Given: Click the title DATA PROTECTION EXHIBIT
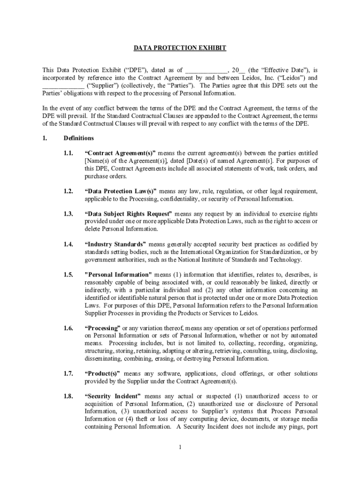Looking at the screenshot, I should click(x=180, y=48).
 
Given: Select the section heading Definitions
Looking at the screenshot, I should click(x=79, y=138).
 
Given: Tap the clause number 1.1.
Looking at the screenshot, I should click(x=68, y=153).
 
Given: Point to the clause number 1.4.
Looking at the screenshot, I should click(x=68, y=244).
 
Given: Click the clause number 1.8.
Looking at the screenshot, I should click(x=68, y=396).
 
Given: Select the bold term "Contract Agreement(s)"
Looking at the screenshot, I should click(x=121, y=153).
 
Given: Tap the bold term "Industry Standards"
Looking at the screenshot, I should click(x=115, y=244).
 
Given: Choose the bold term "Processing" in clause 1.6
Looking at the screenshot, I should click(x=103, y=328).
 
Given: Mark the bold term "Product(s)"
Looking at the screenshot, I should click(x=102, y=373).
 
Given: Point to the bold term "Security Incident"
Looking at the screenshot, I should click(x=113, y=396).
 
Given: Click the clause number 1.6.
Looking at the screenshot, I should click(x=68, y=328).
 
